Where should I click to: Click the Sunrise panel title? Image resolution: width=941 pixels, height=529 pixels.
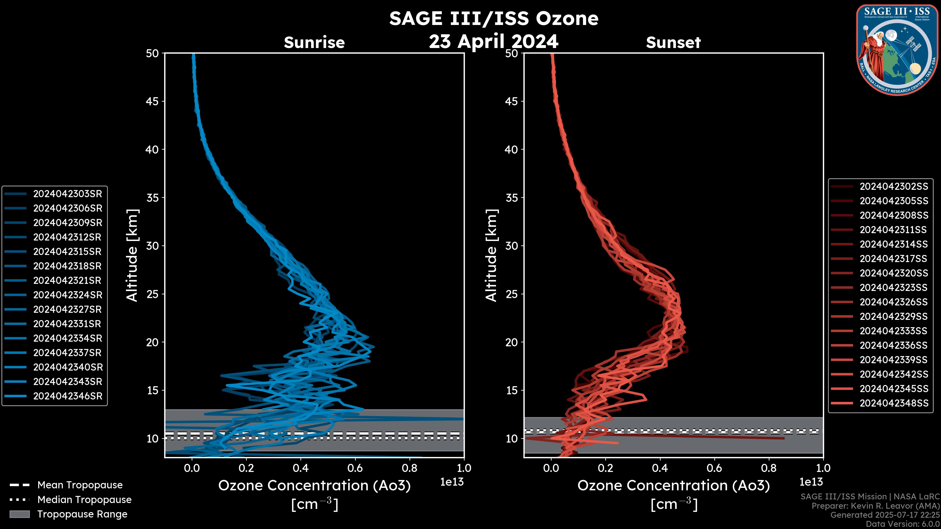click(314, 43)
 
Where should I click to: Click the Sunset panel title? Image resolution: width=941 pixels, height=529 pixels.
click(673, 43)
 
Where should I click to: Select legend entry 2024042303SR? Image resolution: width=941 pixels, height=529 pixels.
click(68, 194)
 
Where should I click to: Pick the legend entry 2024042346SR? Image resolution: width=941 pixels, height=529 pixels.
click(68, 396)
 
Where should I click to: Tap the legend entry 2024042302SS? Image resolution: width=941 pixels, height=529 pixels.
click(893, 187)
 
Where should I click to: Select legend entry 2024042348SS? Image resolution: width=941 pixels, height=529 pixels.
click(893, 403)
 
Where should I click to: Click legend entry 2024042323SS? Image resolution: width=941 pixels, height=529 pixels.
click(893, 288)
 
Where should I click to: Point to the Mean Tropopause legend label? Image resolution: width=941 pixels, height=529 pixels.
click(80, 485)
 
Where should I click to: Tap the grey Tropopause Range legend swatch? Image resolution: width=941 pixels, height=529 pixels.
click(19, 514)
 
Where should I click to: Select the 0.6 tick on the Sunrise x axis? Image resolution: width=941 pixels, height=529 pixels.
click(355, 468)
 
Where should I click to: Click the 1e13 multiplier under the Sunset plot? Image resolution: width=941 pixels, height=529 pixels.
click(811, 482)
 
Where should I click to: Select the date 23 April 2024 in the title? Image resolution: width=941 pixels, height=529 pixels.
click(494, 41)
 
